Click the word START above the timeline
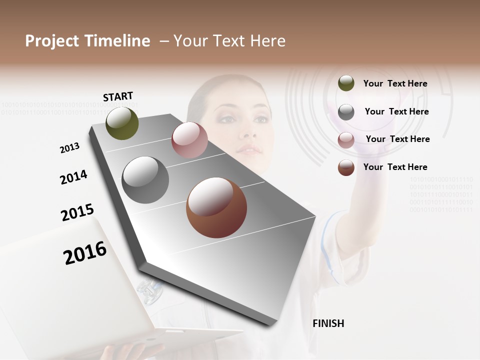(118, 96)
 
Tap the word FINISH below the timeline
(328, 323)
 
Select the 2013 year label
(69, 147)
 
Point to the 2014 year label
(73, 177)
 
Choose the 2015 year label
(77, 212)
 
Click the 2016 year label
(85, 252)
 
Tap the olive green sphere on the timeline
(122, 123)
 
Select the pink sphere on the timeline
(189, 140)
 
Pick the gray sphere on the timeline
(145, 180)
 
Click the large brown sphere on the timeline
(216, 207)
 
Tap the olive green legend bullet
(346, 83)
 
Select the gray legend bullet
(346, 112)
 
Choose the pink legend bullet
(346, 140)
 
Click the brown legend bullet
(346, 167)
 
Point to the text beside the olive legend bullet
(395, 83)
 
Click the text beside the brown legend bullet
(395, 167)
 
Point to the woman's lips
(248, 149)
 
